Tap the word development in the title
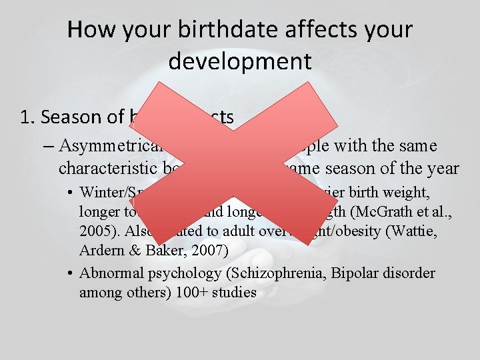[240, 61]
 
